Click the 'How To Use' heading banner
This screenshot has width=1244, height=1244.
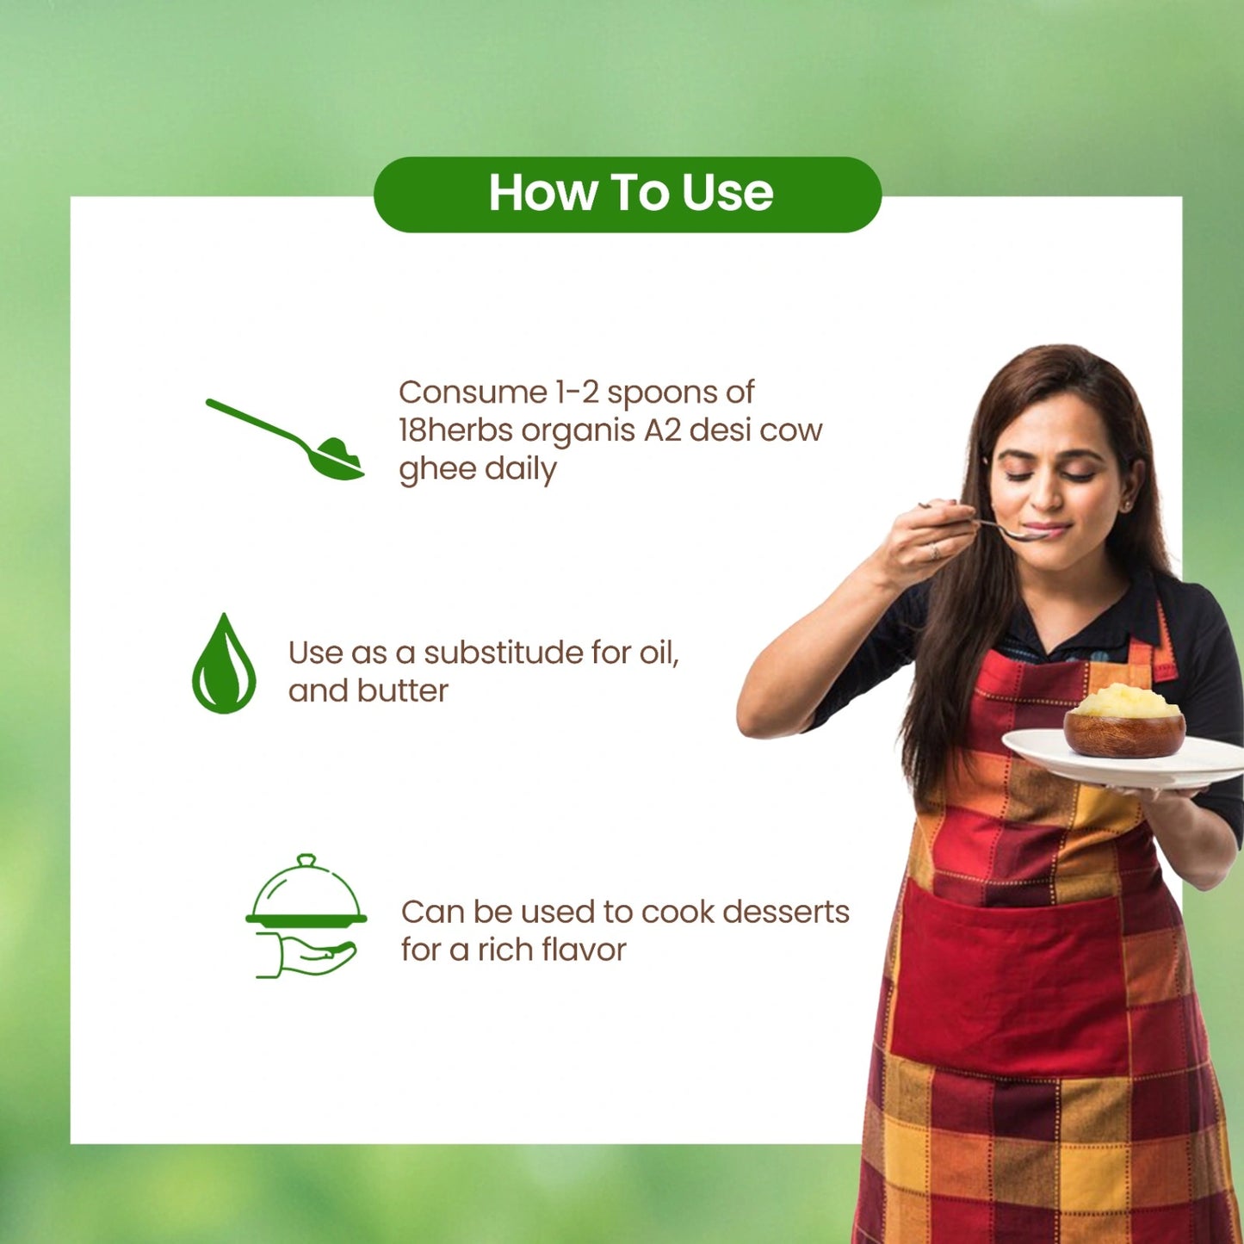628,195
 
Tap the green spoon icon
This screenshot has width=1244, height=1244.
285,439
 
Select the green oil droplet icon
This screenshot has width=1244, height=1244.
224,664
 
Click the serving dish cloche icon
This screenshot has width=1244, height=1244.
306,916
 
